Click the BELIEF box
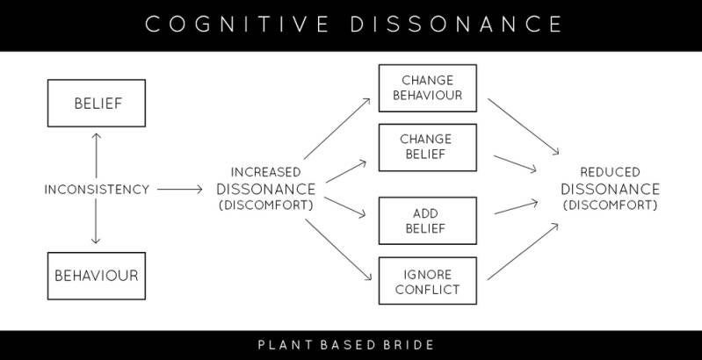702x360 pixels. point(97,104)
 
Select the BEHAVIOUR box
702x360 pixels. point(97,275)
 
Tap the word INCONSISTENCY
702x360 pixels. point(97,189)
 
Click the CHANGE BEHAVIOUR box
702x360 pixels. point(427,88)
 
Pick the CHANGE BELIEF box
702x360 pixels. point(427,147)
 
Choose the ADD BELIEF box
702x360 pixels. point(427,220)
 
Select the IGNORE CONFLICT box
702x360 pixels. point(427,280)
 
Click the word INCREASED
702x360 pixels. point(265,172)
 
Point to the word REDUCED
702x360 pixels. point(611,172)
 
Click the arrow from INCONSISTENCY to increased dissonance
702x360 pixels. point(181,189)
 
